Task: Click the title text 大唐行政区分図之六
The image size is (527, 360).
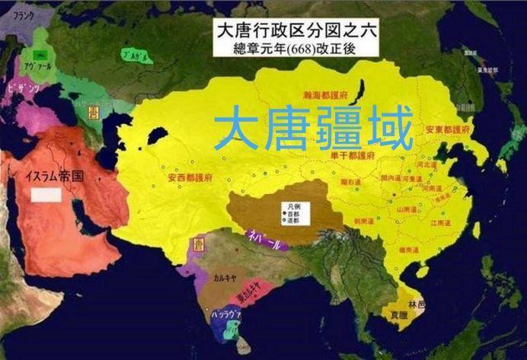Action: [294, 31]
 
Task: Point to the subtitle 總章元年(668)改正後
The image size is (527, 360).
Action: [294, 48]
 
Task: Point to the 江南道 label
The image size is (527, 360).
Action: [441, 225]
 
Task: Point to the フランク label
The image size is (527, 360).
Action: [18, 13]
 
